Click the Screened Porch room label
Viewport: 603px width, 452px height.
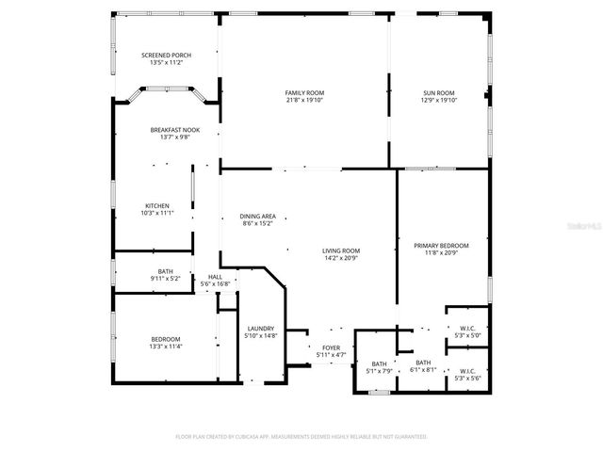click(x=166, y=56)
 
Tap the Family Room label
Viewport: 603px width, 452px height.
click(x=304, y=92)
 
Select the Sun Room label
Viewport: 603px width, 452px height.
click(x=439, y=92)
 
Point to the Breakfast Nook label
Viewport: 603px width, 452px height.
click(x=174, y=129)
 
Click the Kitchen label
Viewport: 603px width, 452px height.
click(x=156, y=206)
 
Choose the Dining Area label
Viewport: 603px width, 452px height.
click(x=258, y=217)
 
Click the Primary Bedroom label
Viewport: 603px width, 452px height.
click(x=441, y=245)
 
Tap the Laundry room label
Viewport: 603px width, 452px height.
click(x=261, y=328)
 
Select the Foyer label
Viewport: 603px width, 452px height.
click(x=331, y=347)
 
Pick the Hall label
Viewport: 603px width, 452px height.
click(x=215, y=277)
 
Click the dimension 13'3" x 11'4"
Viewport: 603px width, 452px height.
click(x=166, y=347)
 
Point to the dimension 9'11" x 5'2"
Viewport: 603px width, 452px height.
click(x=166, y=279)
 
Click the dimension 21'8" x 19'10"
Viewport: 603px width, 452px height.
click(x=304, y=100)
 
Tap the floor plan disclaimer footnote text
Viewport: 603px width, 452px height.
click(x=301, y=437)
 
